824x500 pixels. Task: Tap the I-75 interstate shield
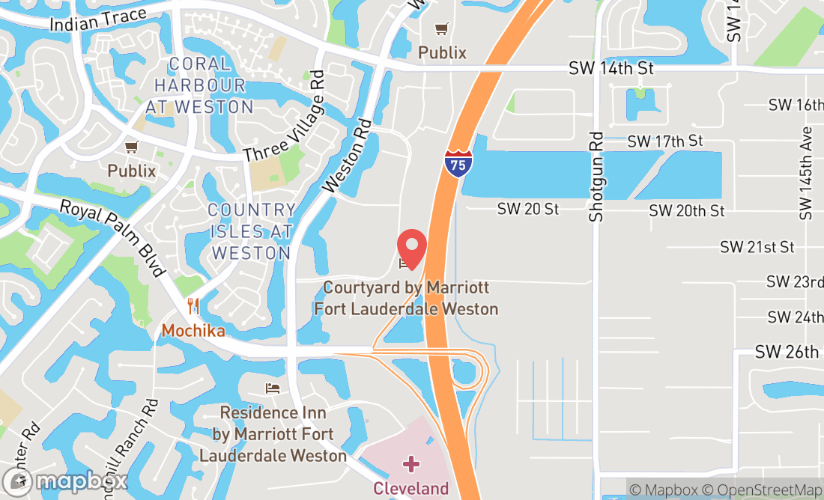click(458, 162)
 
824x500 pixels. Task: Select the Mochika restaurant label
click(193, 330)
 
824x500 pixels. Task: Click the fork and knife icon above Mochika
click(193, 305)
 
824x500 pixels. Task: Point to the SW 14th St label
click(611, 68)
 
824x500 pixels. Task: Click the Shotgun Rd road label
click(596, 177)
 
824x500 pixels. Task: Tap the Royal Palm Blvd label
click(112, 238)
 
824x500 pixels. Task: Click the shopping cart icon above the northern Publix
click(443, 29)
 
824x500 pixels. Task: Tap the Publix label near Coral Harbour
click(132, 171)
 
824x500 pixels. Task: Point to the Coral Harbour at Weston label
click(199, 85)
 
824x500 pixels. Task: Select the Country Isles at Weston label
click(251, 231)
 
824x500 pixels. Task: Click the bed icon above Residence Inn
click(273, 388)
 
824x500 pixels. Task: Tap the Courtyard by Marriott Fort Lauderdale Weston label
click(406, 298)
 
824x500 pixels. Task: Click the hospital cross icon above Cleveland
click(411, 465)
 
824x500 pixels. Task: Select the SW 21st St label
click(757, 247)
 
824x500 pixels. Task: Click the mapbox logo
click(65, 481)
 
